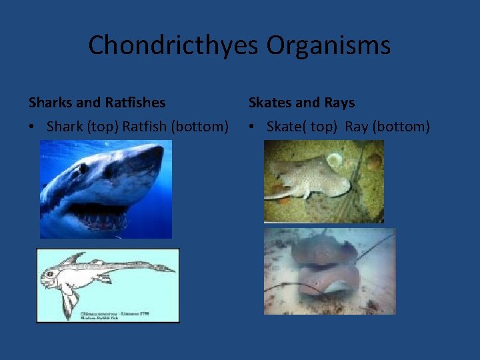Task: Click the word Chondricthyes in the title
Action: (174, 45)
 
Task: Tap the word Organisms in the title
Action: (329, 45)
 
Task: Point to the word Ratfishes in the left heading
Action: (135, 103)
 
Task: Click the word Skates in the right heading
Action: (269, 103)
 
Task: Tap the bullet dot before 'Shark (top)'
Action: (33, 127)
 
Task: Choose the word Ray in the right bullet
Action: (357, 126)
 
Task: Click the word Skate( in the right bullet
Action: (286, 126)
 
